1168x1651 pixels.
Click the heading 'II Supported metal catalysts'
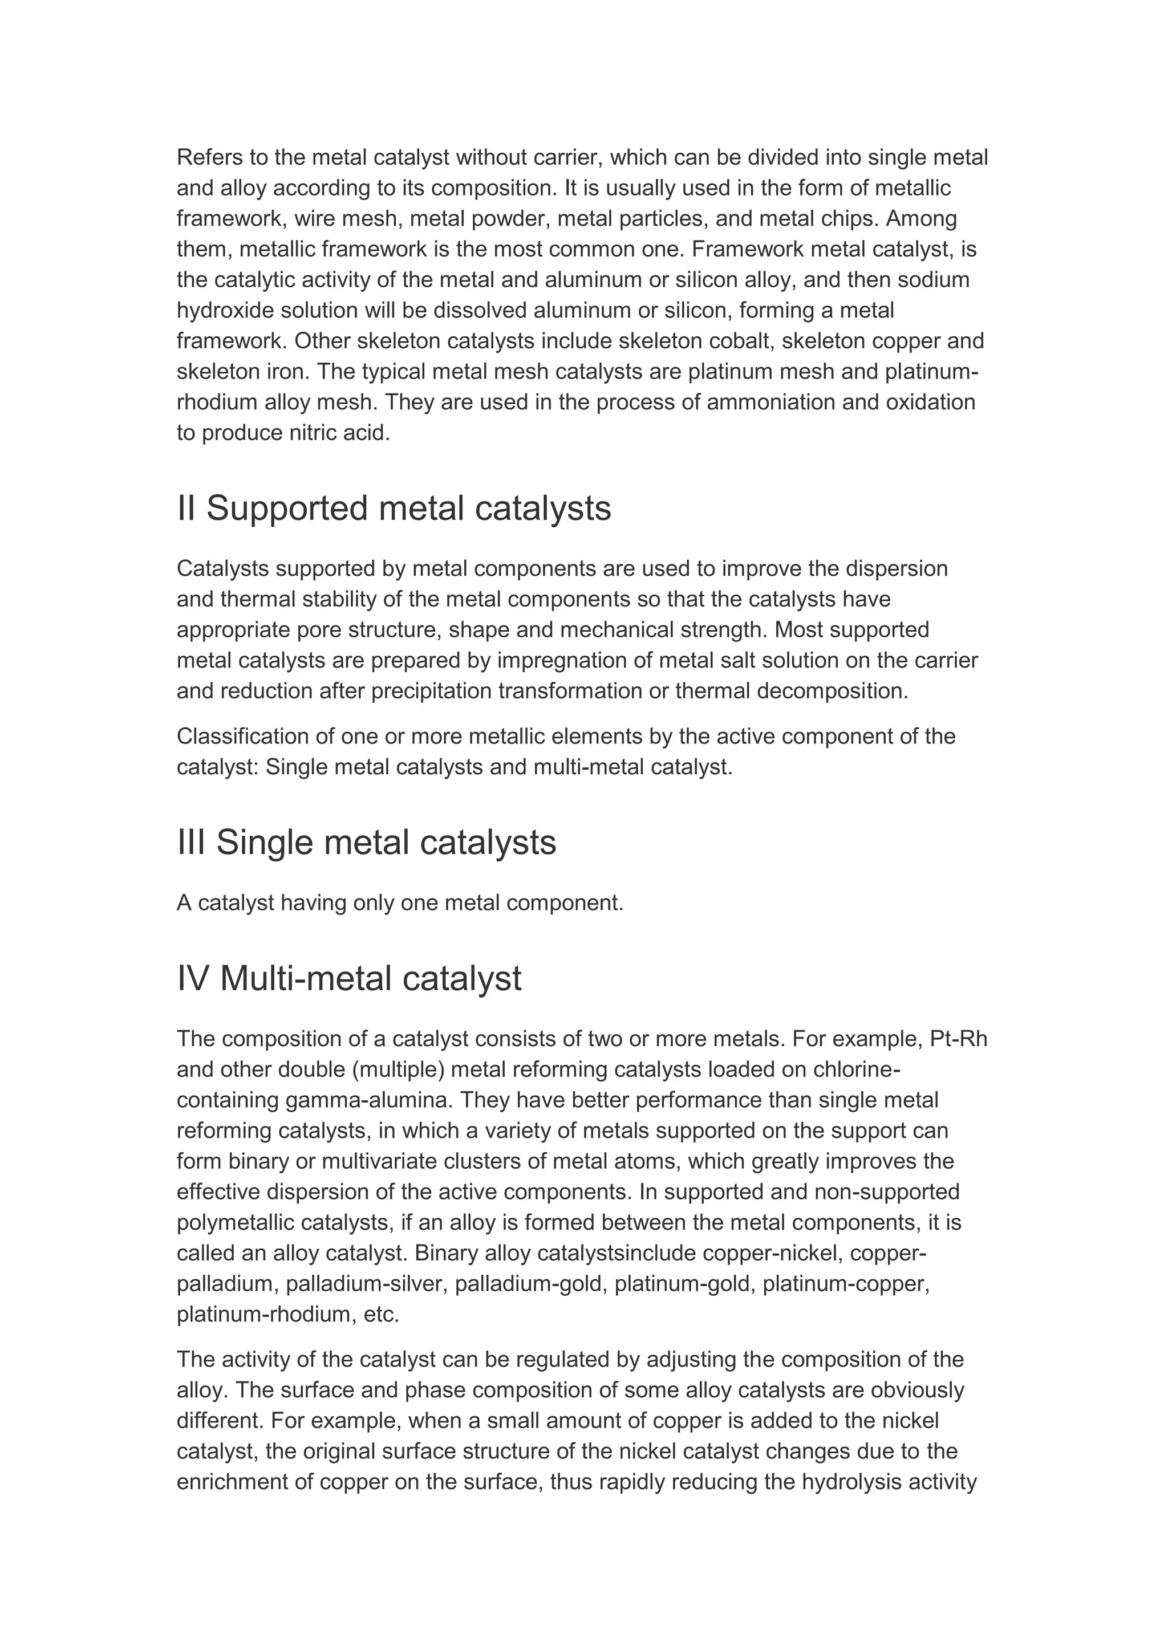pos(394,509)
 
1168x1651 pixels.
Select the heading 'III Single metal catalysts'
pos(366,842)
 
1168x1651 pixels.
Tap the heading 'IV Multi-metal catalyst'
pos(349,979)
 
